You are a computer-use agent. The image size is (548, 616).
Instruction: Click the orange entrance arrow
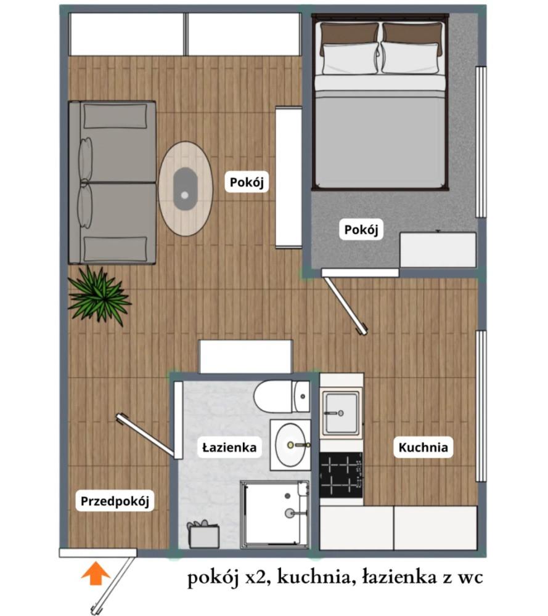click(x=96, y=573)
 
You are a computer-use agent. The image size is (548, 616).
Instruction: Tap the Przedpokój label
click(x=115, y=501)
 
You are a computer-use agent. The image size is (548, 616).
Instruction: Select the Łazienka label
click(x=229, y=447)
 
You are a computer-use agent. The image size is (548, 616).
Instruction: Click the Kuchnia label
click(x=423, y=447)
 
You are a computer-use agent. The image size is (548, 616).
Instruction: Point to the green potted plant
click(x=99, y=296)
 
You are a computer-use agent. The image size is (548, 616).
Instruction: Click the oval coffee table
click(x=186, y=188)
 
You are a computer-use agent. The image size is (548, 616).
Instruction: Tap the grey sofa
click(x=112, y=182)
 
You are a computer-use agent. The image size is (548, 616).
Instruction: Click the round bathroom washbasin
click(x=290, y=445)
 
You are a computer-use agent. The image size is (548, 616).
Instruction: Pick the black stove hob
click(x=341, y=475)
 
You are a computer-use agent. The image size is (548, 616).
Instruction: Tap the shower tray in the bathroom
click(x=274, y=514)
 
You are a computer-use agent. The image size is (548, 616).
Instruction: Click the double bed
click(x=380, y=102)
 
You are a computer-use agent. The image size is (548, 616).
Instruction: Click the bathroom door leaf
click(x=145, y=436)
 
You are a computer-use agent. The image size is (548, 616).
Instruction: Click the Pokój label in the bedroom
click(x=361, y=229)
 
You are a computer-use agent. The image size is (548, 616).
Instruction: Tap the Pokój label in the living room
click(x=247, y=182)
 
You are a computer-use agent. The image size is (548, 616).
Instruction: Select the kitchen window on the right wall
click(x=481, y=406)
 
